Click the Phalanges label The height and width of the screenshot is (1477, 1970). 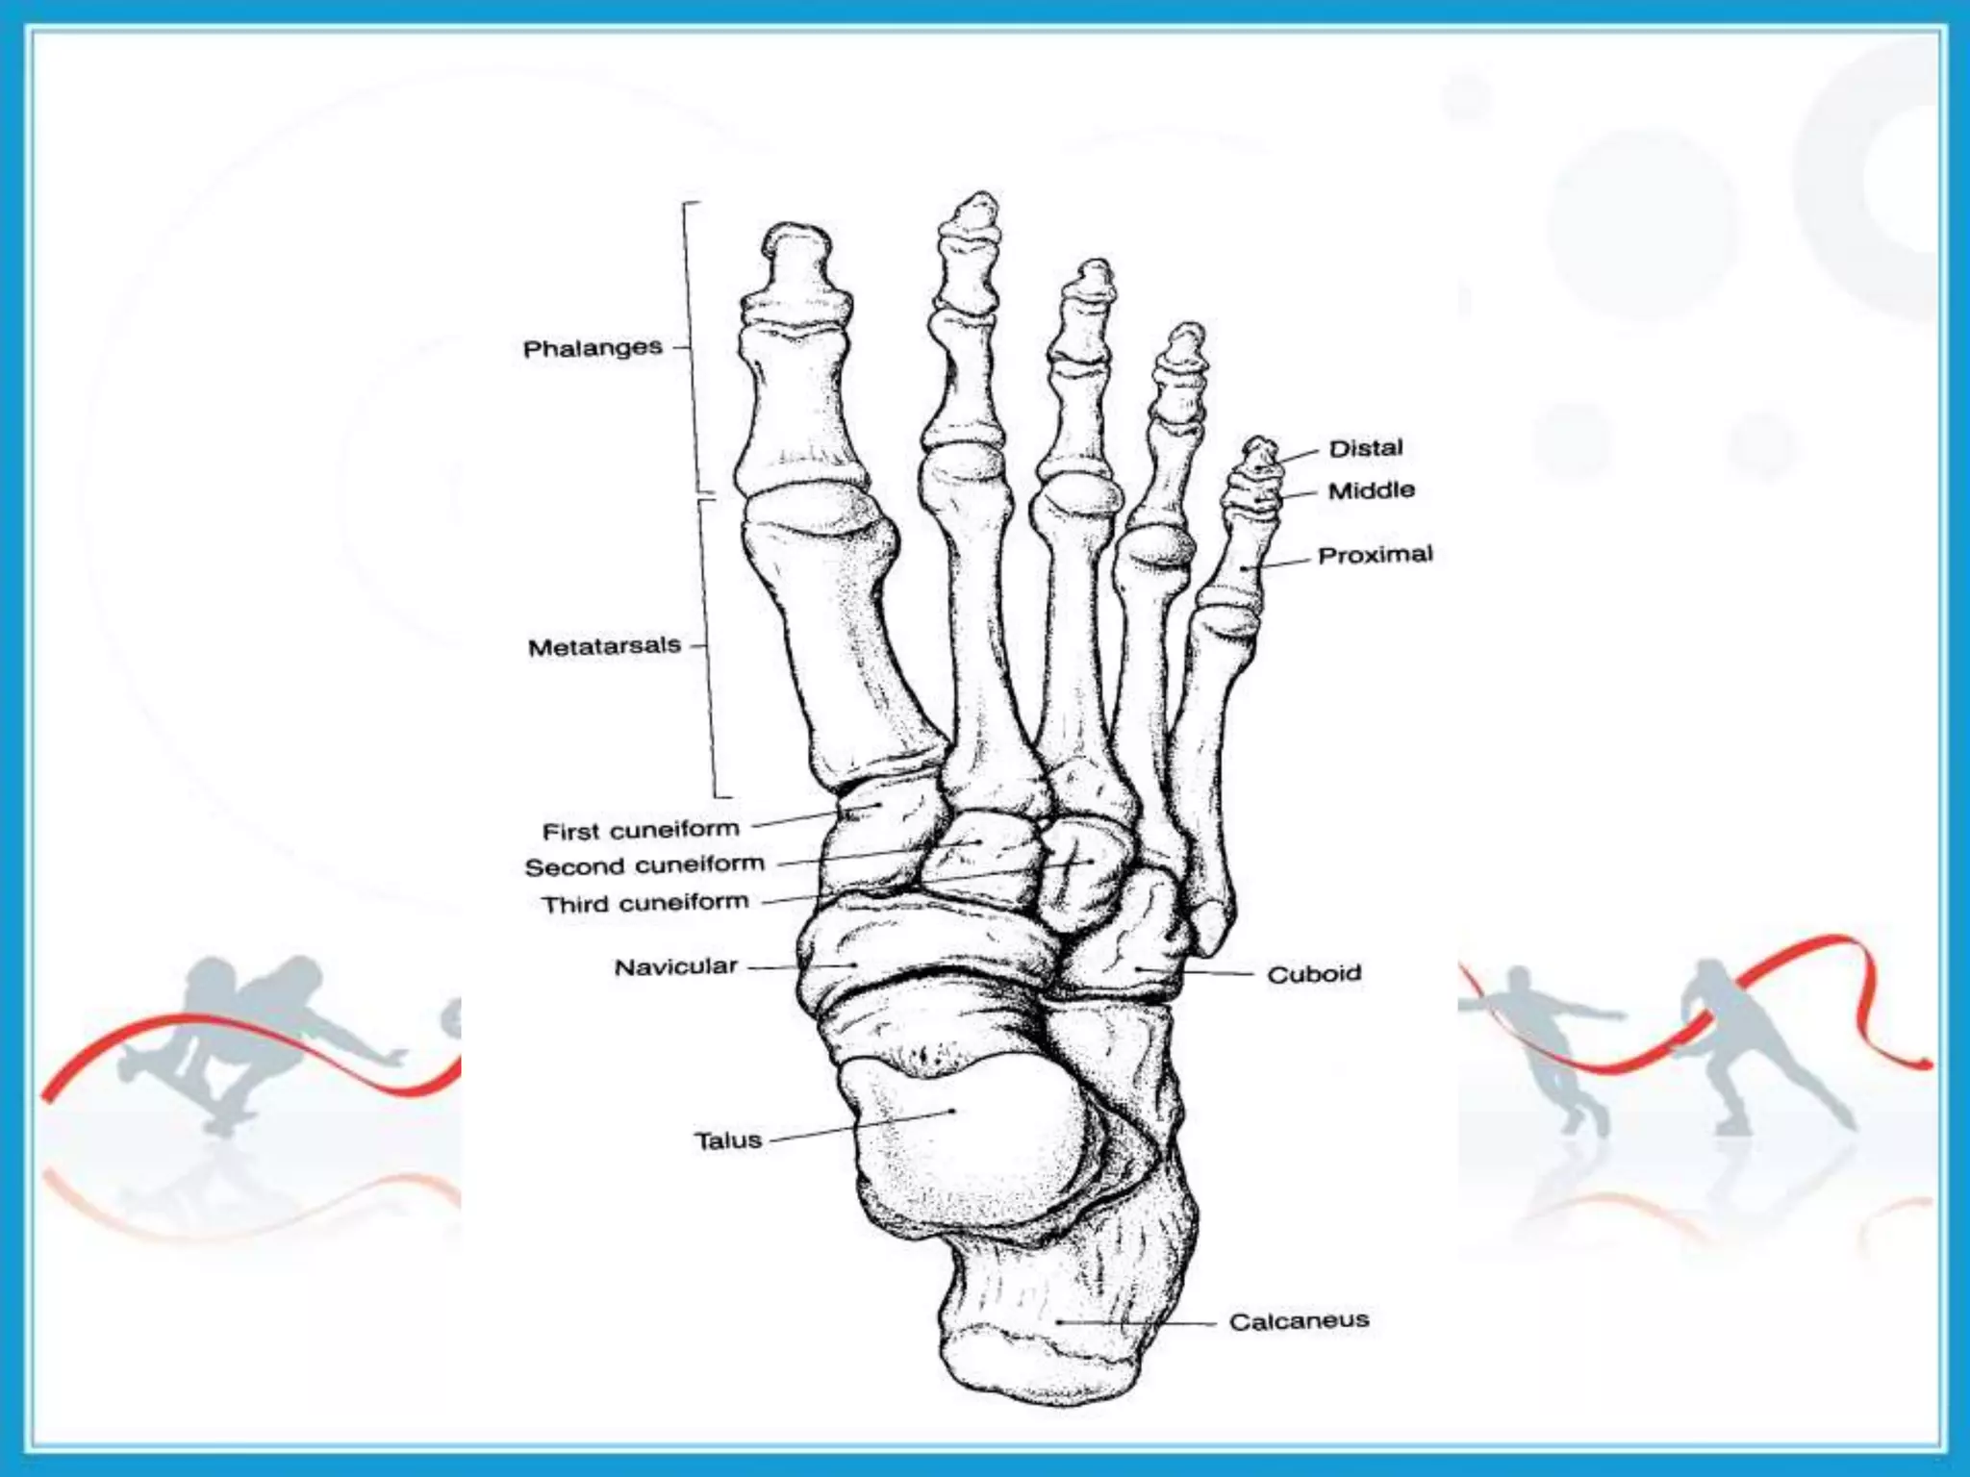pos(593,348)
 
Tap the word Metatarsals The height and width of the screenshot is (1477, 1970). pos(604,646)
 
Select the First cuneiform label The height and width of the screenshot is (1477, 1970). pos(641,830)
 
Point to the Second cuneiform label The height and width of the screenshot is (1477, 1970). pos(644,865)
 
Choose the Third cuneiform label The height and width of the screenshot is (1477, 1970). pos(644,904)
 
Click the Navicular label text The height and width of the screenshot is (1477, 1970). pos(675,966)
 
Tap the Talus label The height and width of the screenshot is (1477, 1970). pos(727,1140)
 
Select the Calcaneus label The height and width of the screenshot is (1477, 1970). pos(1299,1321)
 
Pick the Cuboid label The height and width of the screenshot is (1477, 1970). pos(1314,974)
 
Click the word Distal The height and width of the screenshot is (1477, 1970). pos(1366,448)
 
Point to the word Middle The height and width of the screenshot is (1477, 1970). pos(1372,490)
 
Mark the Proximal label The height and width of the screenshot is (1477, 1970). pos(1376,555)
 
